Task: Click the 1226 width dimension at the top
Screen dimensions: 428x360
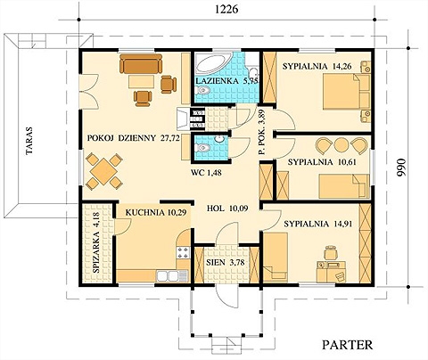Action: [226, 9]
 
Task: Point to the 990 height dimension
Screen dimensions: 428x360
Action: [401, 167]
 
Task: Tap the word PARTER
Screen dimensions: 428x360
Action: [347, 345]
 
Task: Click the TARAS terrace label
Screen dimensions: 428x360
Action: [29, 141]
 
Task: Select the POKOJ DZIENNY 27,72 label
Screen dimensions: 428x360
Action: [134, 138]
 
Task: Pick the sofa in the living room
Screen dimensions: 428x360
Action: [141, 63]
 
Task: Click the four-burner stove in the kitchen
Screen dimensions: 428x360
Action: [183, 252]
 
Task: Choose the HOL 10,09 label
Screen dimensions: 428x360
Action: [227, 209]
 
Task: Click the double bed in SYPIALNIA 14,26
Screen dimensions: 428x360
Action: [346, 92]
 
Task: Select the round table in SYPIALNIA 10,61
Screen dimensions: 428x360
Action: [342, 144]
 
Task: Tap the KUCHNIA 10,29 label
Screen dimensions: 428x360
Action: [156, 213]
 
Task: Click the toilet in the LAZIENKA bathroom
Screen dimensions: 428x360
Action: [203, 90]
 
